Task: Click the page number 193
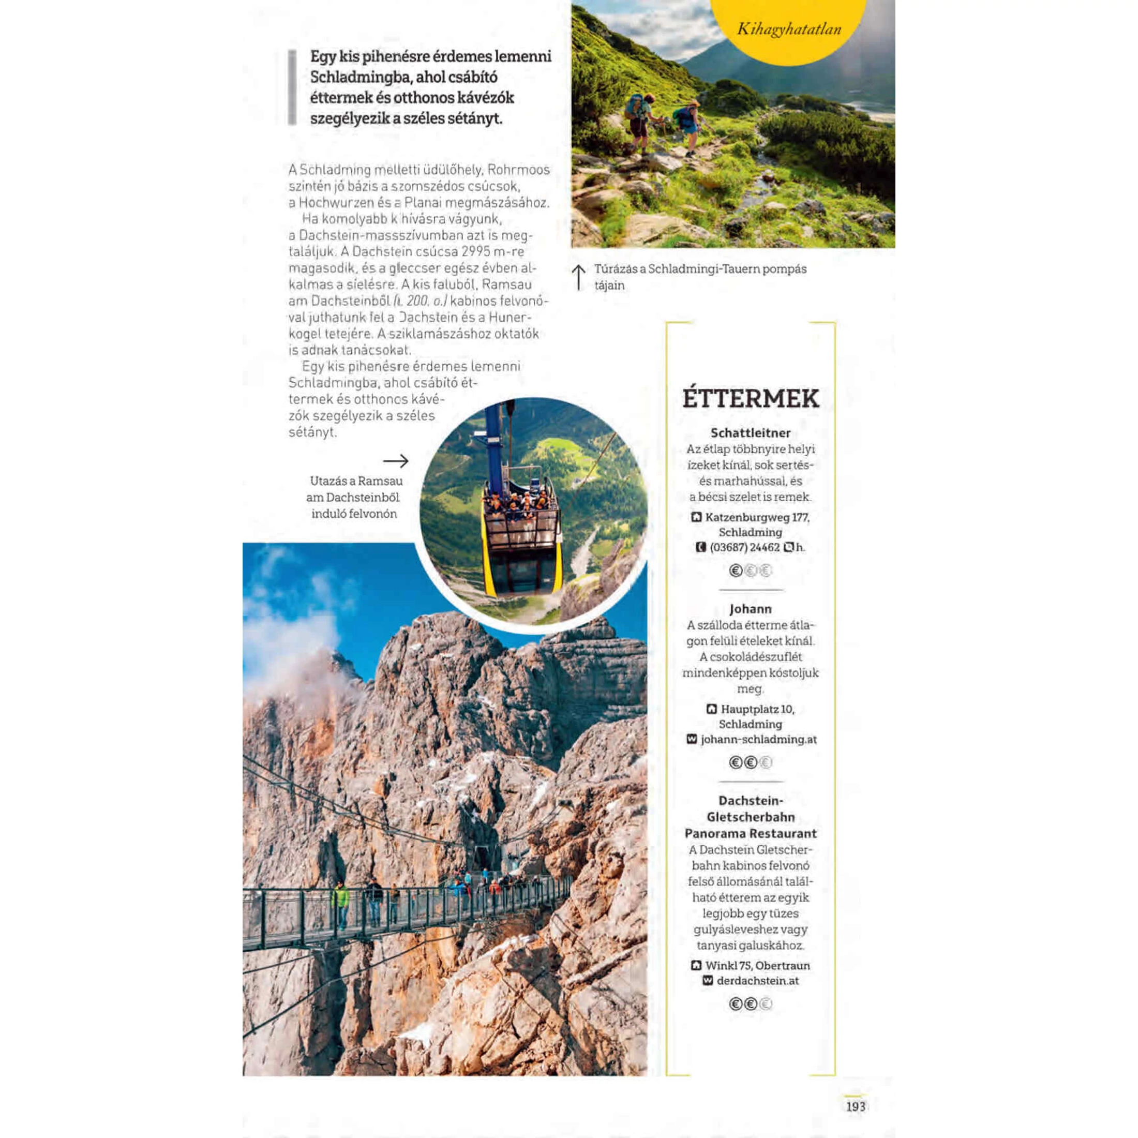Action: pyautogui.click(x=855, y=1106)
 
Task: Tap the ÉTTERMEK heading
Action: pyautogui.click(x=751, y=399)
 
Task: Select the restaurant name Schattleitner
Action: pyautogui.click(x=751, y=433)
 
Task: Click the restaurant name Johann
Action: pyautogui.click(x=751, y=608)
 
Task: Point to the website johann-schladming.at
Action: pyautogui.click(x=758, y=739)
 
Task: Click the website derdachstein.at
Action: pyautogui.click(x=757, y=981)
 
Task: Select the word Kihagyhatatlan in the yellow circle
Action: pyautogui.click(x=789, y=29)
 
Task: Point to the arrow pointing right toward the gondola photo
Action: pyautogui.click(x=395, y=460)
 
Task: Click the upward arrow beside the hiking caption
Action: pyautogui.click(x=579, y=277)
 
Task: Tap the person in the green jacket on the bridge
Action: pyautogui.click(x=340, y=899)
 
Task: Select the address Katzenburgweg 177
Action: pyautogui.click(x=757, y=518)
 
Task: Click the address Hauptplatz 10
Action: pyautogui.click(x=757, y=709)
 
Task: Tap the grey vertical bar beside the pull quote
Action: pyautogui.click(x=292, y=87)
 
